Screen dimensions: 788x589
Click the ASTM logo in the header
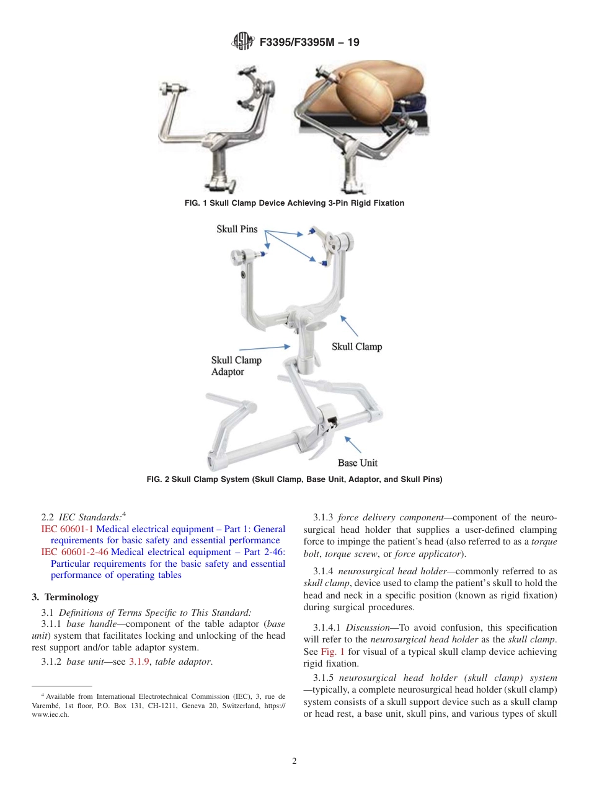click(242, 42)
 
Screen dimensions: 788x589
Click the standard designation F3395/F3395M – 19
click(308, 42)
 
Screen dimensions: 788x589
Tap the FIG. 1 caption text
click(294, 203)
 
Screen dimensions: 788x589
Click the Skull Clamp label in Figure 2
click(356, 346)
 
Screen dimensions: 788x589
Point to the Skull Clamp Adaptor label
click(236, 366)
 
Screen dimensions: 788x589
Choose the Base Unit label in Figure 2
click(357, 463)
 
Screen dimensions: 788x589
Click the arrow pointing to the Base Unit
click(352, 444)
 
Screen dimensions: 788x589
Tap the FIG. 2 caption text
click(294, 479)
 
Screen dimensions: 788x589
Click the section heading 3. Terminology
click(65, 597)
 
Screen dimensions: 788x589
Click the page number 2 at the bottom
click(294, 761)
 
